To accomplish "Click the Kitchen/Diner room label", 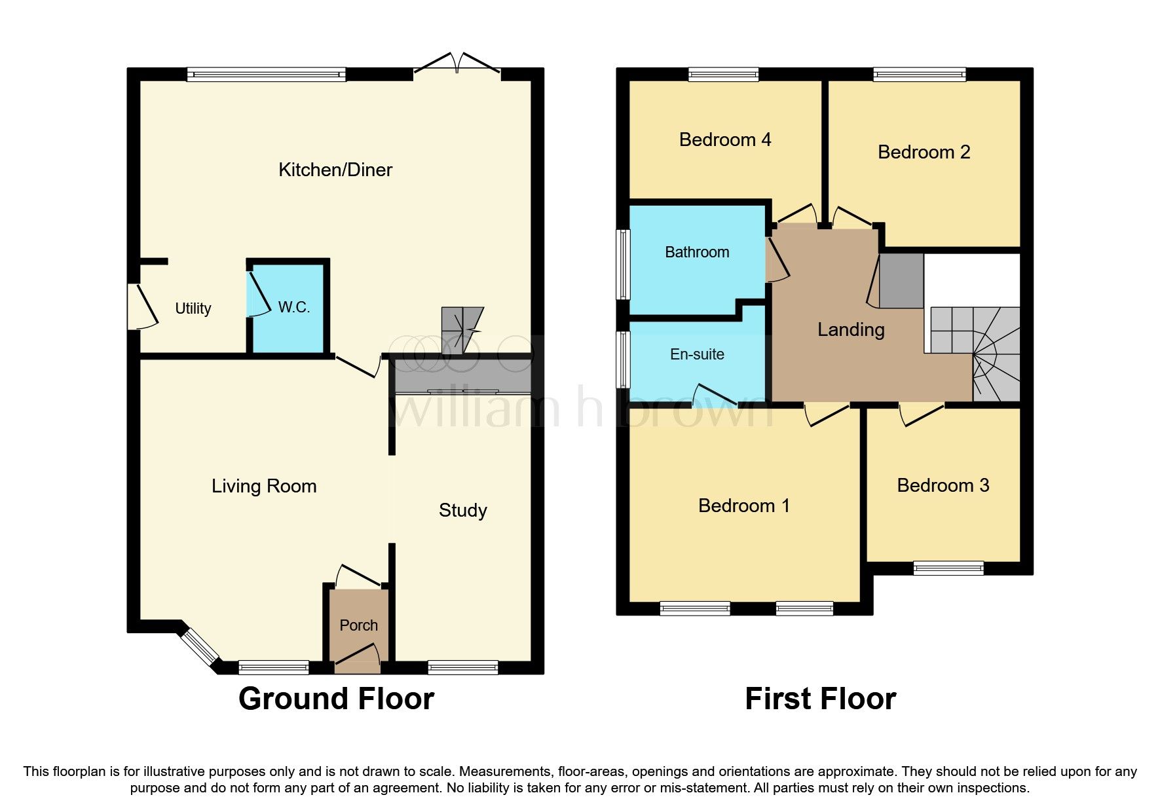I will coord(335,170).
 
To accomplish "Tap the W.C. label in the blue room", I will coord(293,307).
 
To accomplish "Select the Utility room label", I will coord(193,308).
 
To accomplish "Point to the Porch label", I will coord(358,625).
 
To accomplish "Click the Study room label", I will coord(462,510).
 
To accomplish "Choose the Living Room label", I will coord(264,486).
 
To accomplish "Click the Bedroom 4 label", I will coord(724,139).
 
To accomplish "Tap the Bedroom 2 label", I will coord(924,152).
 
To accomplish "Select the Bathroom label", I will coord(697,252).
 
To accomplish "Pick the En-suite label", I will coord(697,354).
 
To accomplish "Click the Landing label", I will coord(851,329).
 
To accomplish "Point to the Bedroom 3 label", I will coord(943,485).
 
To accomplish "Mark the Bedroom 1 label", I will coord(744,506).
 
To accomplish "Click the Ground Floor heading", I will coord(336,699).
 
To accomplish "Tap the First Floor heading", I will coord(820,699).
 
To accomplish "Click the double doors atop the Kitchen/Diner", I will coord(457,64).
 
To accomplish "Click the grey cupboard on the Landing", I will coord(901,281).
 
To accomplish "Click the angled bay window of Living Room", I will coord(199,648).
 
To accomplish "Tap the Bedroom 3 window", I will coord(948,568).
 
